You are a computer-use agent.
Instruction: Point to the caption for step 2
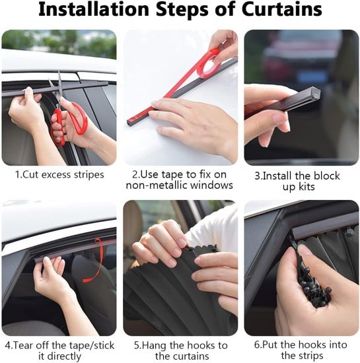coord(180,180)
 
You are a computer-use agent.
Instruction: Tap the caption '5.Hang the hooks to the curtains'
coord(180,350)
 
